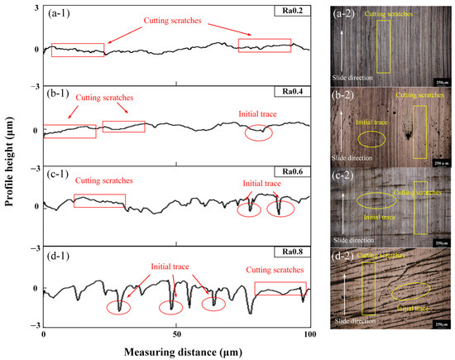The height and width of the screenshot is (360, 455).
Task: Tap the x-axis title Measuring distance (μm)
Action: (x=176, y=350)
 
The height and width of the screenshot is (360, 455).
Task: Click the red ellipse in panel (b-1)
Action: (x=260, y=131)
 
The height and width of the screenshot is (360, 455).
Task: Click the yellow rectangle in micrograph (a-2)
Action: (x=385, y=47)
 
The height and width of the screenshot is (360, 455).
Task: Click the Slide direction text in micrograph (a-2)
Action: (x=352, y=79)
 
